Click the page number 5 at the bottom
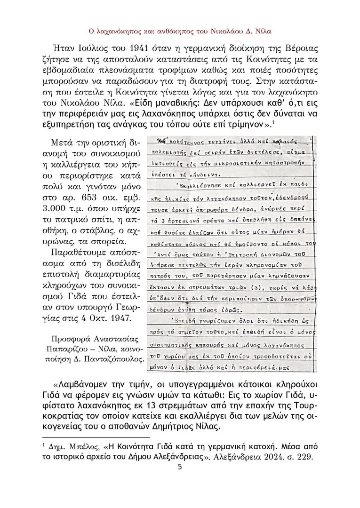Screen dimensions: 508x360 point(180,467)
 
